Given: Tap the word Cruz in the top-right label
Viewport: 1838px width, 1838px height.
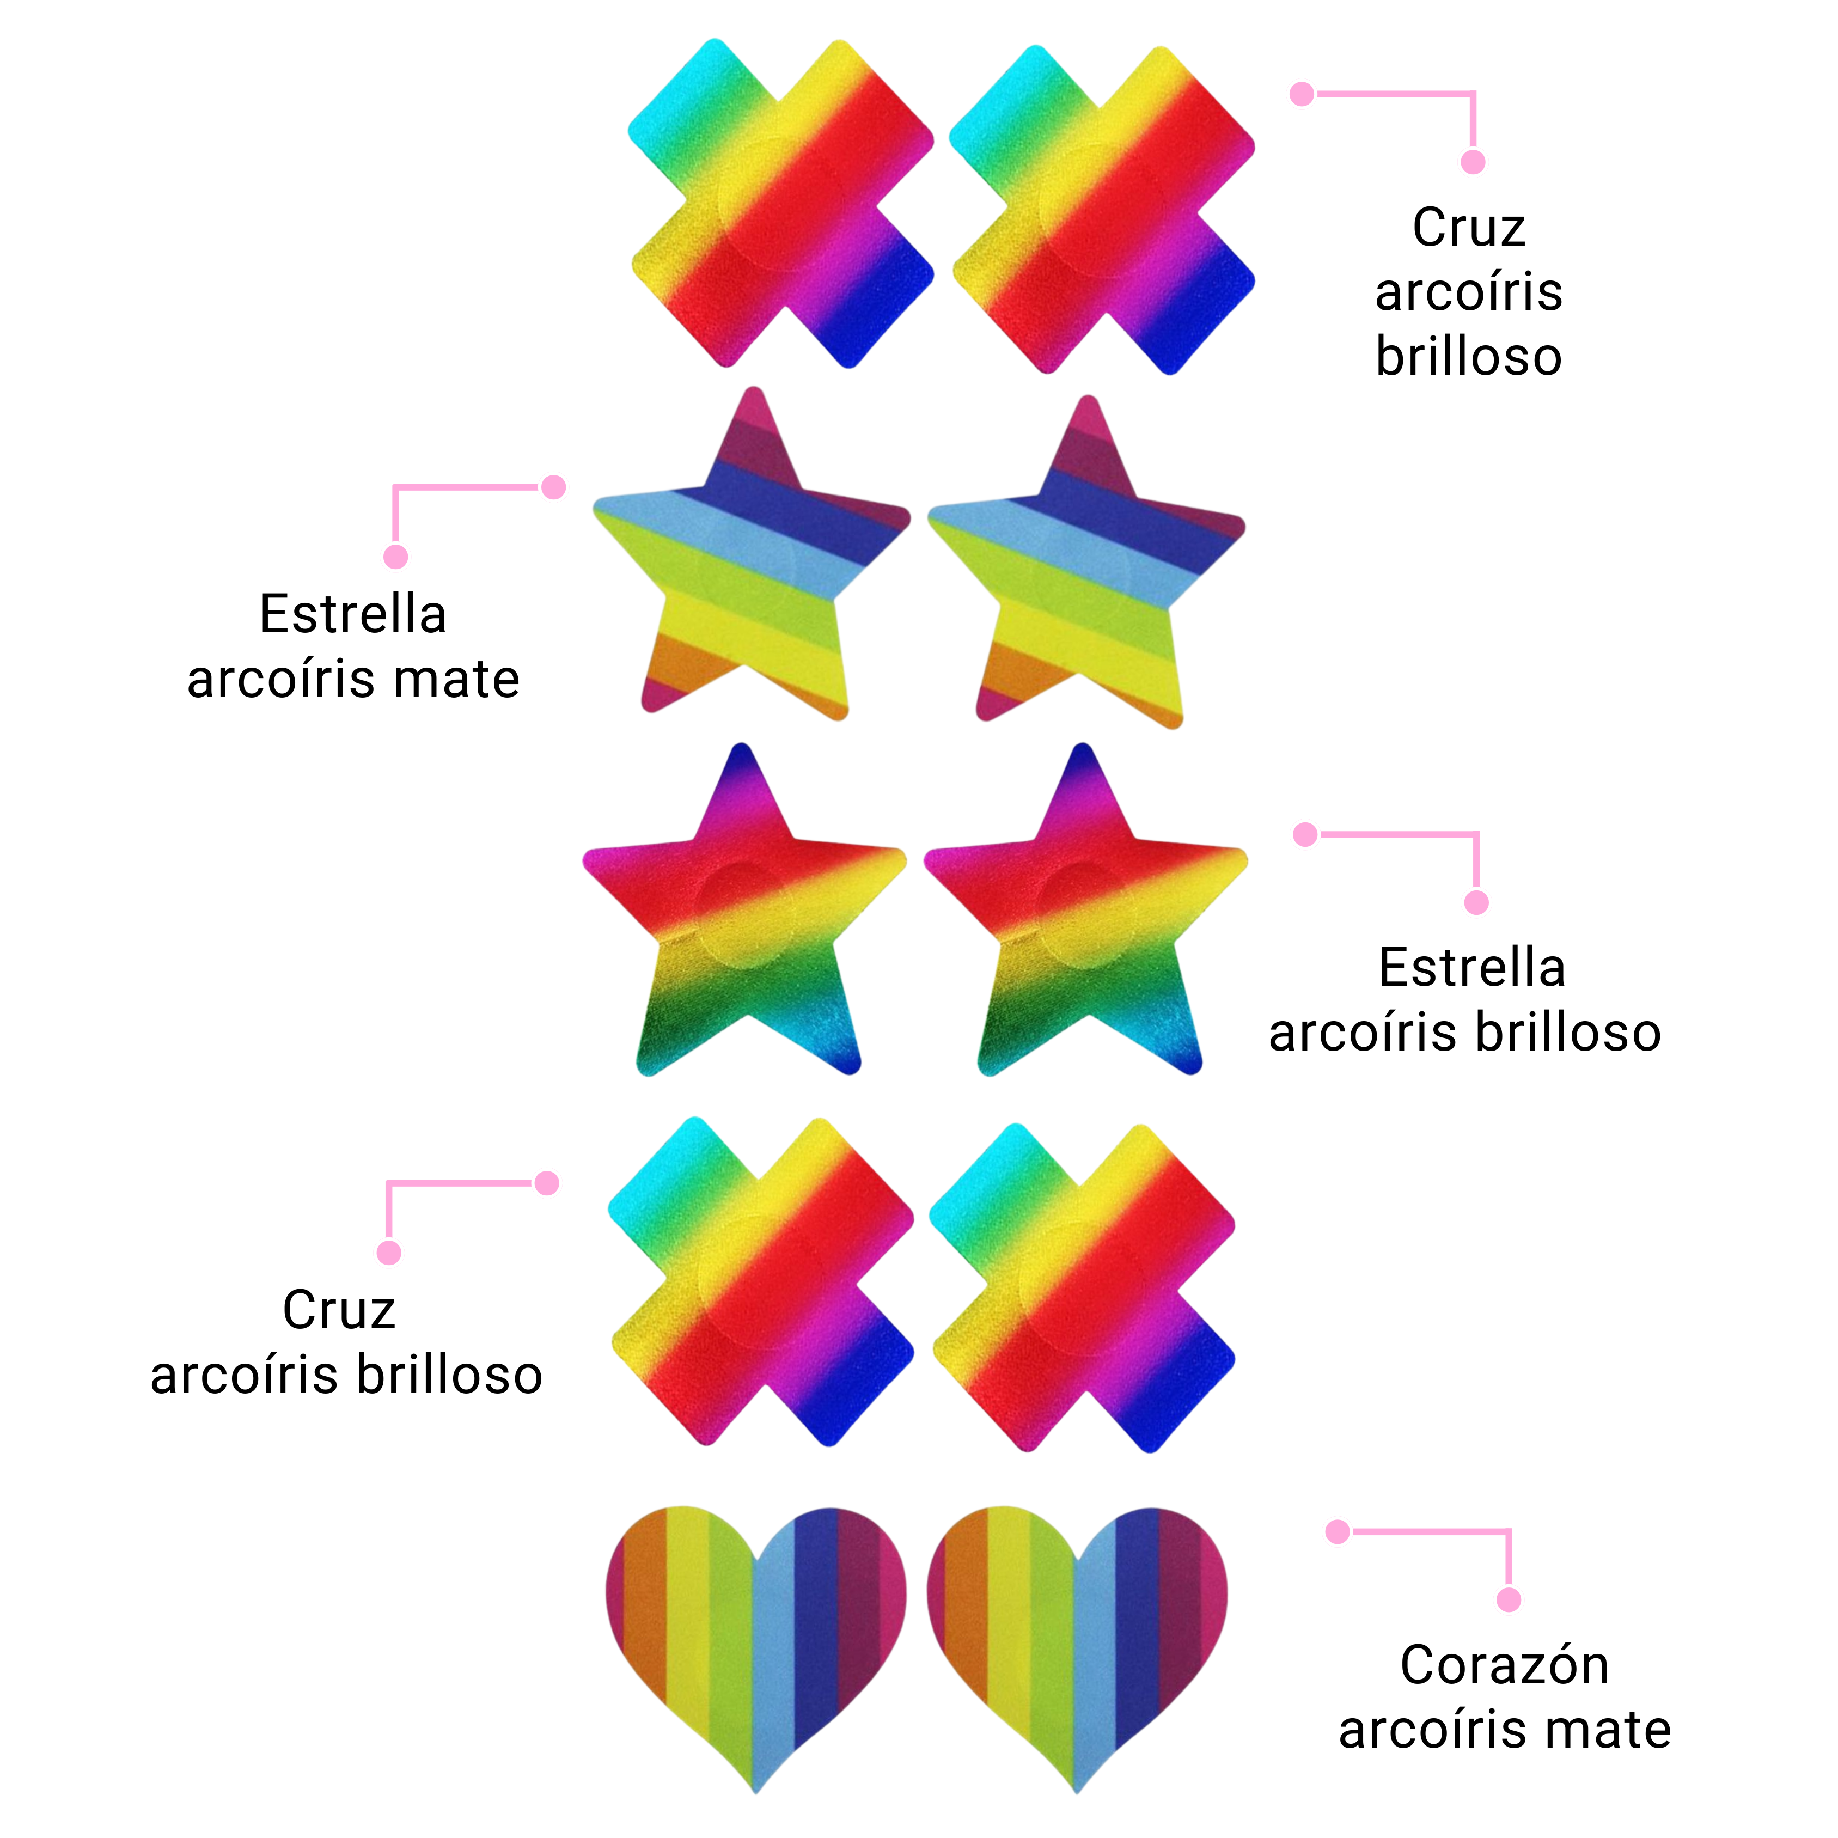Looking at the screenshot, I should pyautogui.click(x=1469, y=228).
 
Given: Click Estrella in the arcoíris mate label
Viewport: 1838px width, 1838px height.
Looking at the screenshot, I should pyautogui.click(x=353, y=614).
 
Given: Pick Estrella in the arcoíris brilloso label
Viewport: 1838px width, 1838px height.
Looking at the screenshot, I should pyautogui.click(x=1471, y=968).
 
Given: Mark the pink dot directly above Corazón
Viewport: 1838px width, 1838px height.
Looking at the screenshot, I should pyautogui.click(x=1509, y=1599).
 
